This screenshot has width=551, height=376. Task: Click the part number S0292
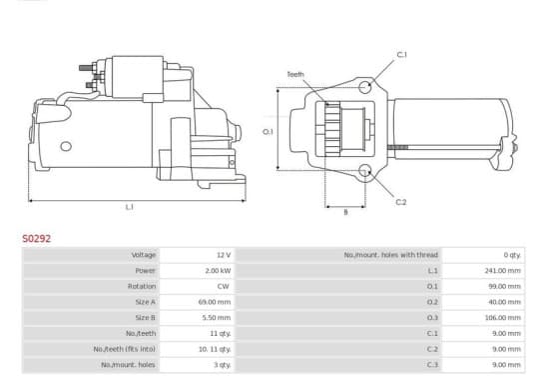point(37,239)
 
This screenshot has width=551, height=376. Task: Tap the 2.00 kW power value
point(218,271)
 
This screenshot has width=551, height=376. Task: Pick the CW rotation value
point(224,286)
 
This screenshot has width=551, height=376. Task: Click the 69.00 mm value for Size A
point(215,302)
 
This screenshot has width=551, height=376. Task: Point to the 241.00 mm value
point(502,271)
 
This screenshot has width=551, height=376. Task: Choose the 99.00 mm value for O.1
point(505,286)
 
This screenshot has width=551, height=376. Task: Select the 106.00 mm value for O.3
point(502,318)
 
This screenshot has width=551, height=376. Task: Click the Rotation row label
point(142,286)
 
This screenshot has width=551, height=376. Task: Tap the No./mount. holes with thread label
point(391,255)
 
